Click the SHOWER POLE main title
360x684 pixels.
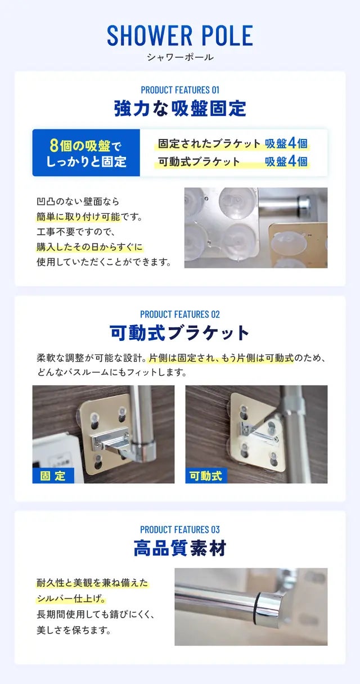(180, 35)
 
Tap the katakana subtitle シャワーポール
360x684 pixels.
(180, 57)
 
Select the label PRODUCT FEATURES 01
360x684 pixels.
(180, 90)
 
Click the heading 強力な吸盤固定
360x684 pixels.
(180, 108)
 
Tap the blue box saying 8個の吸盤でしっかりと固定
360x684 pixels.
(86, 152)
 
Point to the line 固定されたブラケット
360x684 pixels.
(209, 143)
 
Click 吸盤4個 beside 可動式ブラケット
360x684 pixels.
(286, 161)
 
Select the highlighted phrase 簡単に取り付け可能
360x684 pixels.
(79, 217)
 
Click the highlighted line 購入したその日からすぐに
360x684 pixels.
(89, 247)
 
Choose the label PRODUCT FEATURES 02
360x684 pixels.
(180, 314)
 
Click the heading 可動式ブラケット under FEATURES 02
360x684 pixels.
(180, 333)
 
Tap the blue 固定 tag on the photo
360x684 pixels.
(53, 475)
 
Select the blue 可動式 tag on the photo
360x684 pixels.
(206, 475)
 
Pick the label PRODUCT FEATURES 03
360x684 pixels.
(180, 529)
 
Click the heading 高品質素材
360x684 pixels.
(180, 548)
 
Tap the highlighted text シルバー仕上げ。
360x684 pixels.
(71, 598)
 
